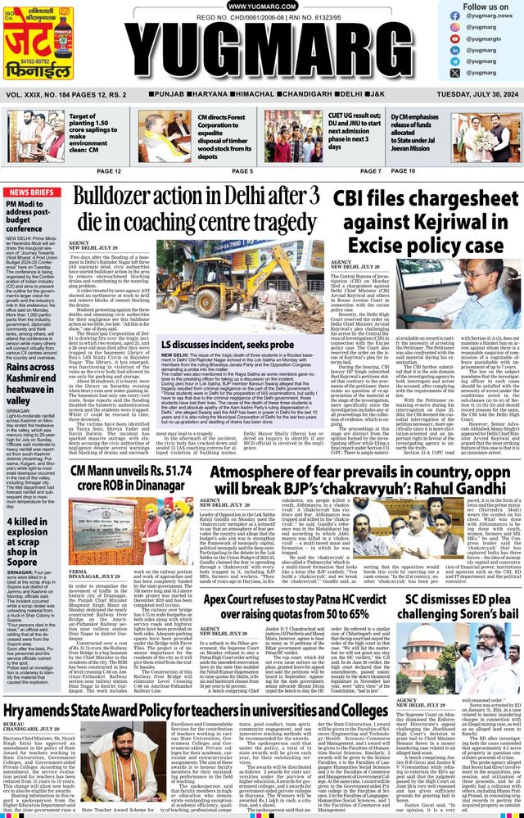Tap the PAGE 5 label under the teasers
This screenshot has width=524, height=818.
coord(242,171)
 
